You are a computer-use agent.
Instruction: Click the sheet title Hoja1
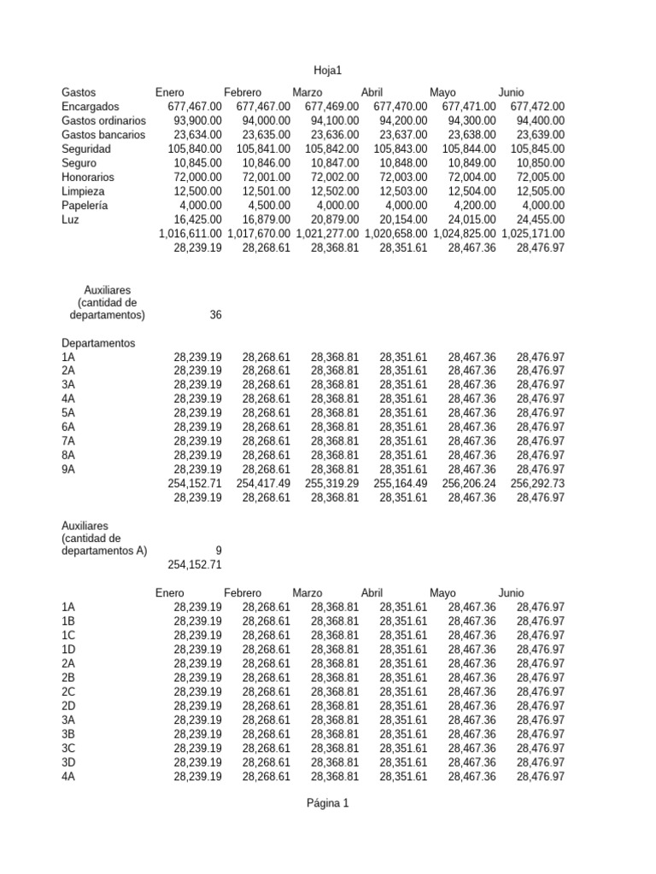tap(328, 71)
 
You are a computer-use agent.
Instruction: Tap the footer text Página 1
tap(328, 803)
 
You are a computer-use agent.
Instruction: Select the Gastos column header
tap(79, 92)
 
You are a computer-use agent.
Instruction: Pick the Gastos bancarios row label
tap(103, 135)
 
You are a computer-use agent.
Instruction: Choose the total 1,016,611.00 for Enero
tap(190, 234)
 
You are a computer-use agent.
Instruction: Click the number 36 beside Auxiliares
tap(215, 315)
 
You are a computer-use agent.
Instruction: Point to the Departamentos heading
tap(98, 343)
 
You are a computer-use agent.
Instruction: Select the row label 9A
tap(68, 469)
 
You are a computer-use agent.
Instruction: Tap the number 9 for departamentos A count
tap(218, 551)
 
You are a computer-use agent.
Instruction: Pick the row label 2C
tap(69, 691)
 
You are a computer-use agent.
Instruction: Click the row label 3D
tap(69, 762)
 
